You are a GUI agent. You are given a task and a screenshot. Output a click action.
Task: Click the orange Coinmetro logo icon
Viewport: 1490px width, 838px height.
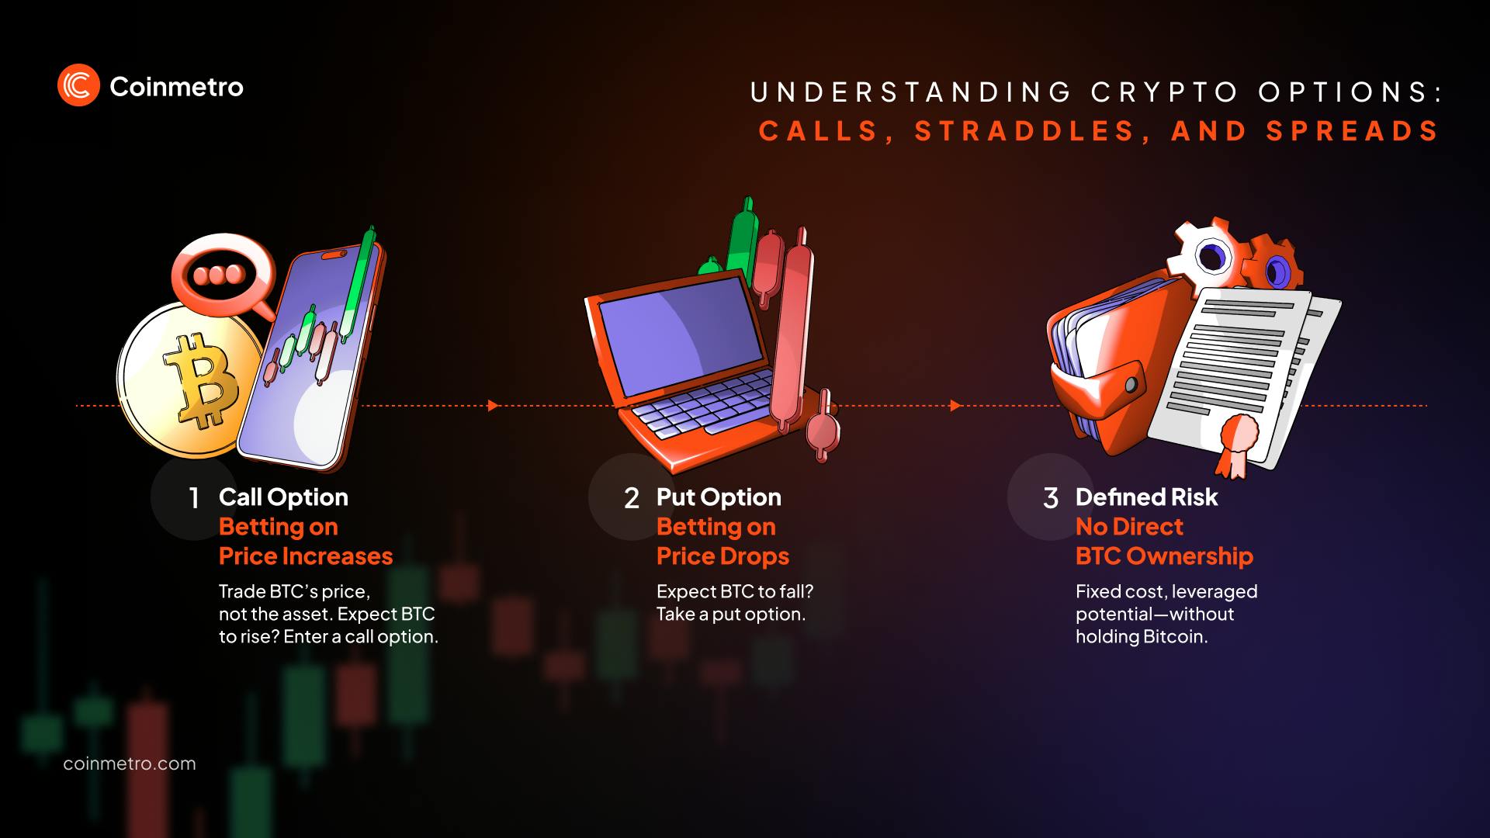pyautogui.click(x=78, y=85)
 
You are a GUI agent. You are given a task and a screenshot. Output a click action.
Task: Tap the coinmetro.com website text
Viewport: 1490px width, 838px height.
pyautogui.click(x=130, y=764)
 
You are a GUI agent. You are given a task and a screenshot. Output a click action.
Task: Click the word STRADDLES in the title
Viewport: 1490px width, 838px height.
pyautogui.click(x=1025, y=131)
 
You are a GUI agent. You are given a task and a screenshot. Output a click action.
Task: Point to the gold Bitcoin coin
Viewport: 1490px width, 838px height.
pyautogui.click(x=190, y=380)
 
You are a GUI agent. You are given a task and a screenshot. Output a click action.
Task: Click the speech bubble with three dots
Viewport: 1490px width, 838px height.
pyautogui.click(x=221, y=274)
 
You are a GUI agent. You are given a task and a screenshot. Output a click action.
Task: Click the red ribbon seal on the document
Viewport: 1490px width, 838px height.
pyautogui.click(x=1235, y=438)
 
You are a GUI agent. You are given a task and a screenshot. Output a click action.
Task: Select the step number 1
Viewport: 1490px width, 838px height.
pyautogui.click(x=194, y=498)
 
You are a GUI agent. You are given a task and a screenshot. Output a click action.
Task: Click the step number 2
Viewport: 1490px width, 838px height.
pyautogui.click(x=632, y=498)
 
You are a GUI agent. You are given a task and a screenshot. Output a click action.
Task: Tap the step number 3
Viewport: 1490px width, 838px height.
pyautogui.click(x=1051, y=498)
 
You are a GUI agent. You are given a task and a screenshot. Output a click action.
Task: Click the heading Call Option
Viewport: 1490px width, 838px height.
pyautogui.click(x=283, y=497)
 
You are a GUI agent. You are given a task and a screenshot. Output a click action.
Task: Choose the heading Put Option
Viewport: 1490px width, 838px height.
pyautogui.click(x=719, y=497)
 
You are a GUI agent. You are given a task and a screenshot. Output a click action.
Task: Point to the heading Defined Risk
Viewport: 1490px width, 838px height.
pyautogui.click(x=1146, y=497)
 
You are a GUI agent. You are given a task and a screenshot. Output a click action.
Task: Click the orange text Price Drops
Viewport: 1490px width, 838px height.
pyautogui.click(x=722, y=556)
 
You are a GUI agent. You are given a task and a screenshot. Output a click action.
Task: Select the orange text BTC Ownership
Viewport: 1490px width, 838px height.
pyautogui.click(x=1164, y=556)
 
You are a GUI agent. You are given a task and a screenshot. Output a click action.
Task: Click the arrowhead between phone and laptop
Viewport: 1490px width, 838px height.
pyautogui.click(x=493, y=406)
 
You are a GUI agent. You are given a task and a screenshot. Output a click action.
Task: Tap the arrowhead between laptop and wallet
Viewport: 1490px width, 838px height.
pyautogui.click(x=955, y=406)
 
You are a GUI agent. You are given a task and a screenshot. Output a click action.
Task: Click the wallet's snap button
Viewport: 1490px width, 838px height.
pyautogui.click(x=1131, y=385)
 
